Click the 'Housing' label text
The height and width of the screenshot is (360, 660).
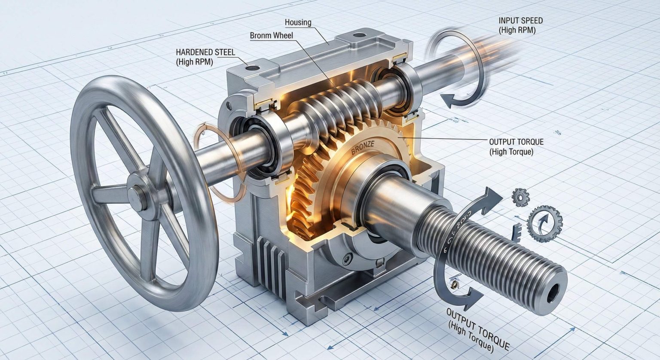(x=298, y=22)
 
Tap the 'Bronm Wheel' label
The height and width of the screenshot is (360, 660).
(x=271, y=35)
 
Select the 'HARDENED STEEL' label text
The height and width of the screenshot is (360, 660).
(x=205, y=52)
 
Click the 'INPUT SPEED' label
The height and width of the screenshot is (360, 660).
(x=520, y=21)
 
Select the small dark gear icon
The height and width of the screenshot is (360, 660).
(x=520, y=197)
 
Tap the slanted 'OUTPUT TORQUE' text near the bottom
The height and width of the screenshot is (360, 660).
(x=477, y=329)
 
